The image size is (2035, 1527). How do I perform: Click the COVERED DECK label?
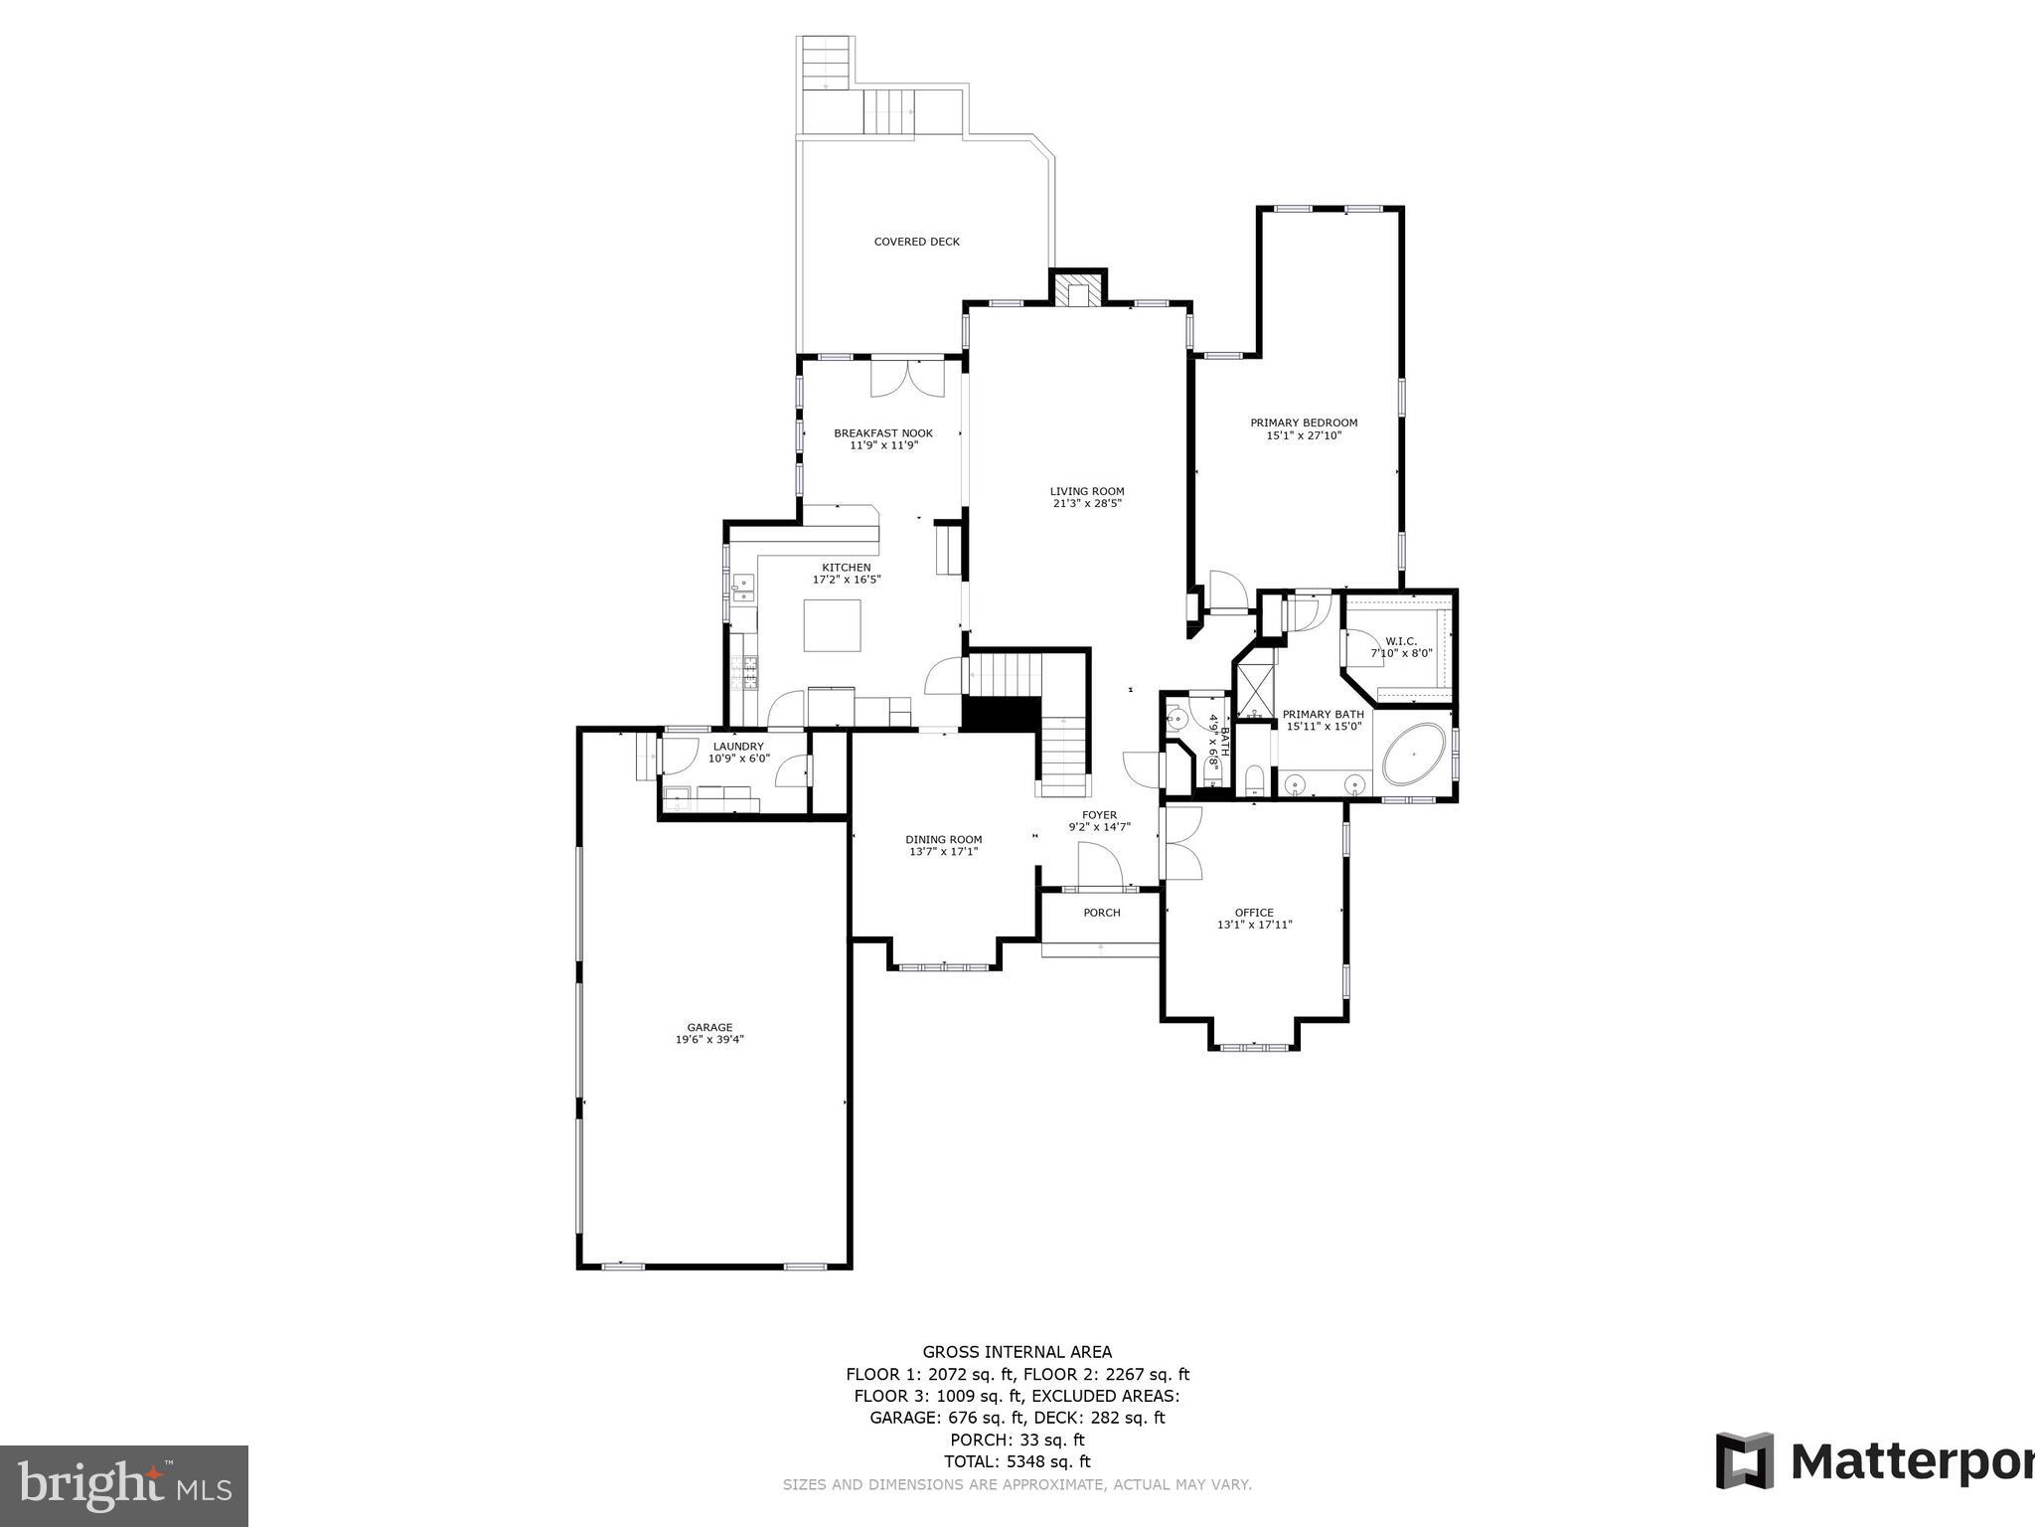pos(916,242)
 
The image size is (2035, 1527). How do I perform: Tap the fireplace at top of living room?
pos(1078,291)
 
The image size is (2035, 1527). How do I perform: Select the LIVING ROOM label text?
pos(1087,491)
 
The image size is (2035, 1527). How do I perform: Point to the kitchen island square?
pos(832,625)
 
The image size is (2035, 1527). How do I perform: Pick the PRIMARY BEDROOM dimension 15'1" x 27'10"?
pos(1304,435)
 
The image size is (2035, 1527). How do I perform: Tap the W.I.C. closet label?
pos(1401,641)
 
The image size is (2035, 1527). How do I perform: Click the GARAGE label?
pos(709,1028)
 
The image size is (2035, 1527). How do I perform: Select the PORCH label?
pos(1101,913)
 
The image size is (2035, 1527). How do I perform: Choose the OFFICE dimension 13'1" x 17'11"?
pos(1254,925)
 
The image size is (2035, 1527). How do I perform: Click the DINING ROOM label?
pos(943,839)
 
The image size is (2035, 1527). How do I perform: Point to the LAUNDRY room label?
pos(738,747)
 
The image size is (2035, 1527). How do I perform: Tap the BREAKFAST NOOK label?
pos(883,433)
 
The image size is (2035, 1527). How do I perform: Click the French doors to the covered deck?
pos(907,378)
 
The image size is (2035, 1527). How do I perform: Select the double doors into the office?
pos(1182,842)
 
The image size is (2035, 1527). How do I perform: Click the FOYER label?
pos(1099,815)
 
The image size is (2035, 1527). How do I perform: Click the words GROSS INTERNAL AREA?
pos(1017,1352)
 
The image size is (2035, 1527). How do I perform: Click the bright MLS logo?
pos(124,1486)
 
